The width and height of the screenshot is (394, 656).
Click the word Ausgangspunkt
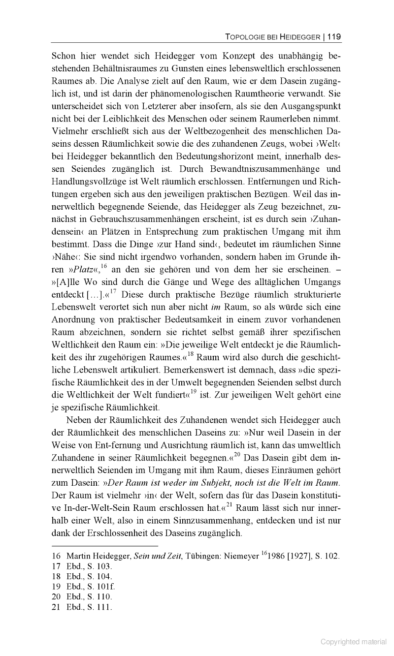point(306,106)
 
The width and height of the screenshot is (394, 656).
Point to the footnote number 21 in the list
point(56,607)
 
